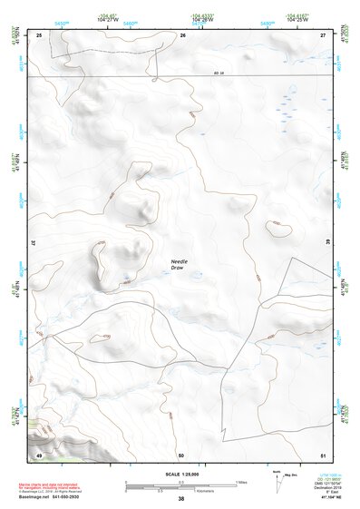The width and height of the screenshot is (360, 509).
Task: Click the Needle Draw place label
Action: point(181,265)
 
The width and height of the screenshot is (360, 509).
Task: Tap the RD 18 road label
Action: point(218,73)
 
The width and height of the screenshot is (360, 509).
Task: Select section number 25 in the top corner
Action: point(39,34)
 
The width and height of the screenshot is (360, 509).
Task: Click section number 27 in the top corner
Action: point(323,34)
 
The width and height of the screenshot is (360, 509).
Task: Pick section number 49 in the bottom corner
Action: point(39,455)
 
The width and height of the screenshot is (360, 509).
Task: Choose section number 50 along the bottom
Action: point(181,455)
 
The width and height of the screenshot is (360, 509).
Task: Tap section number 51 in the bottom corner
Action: point(323,455)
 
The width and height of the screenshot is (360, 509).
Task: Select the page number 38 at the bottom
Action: point(180,499)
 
